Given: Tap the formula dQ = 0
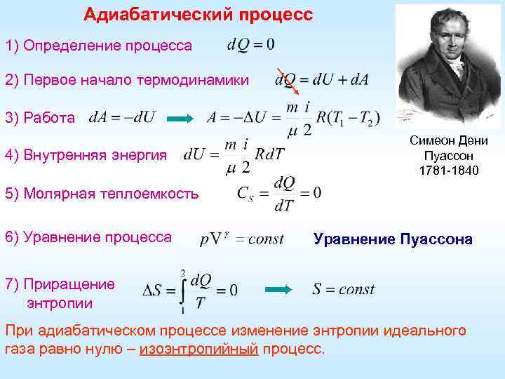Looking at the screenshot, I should pos(250,44).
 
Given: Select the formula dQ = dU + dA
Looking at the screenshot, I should pos(321,81).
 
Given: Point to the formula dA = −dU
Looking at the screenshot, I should pos(123,117).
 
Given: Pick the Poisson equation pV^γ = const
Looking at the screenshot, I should pos(242,239).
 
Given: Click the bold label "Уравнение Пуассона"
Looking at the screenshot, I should pos(393,239).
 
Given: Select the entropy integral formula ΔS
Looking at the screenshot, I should pos(189,289).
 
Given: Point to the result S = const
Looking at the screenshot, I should pos(343,289).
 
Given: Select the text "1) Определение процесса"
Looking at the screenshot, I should pos(98,46).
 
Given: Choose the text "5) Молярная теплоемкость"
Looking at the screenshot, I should pos(102,194).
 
